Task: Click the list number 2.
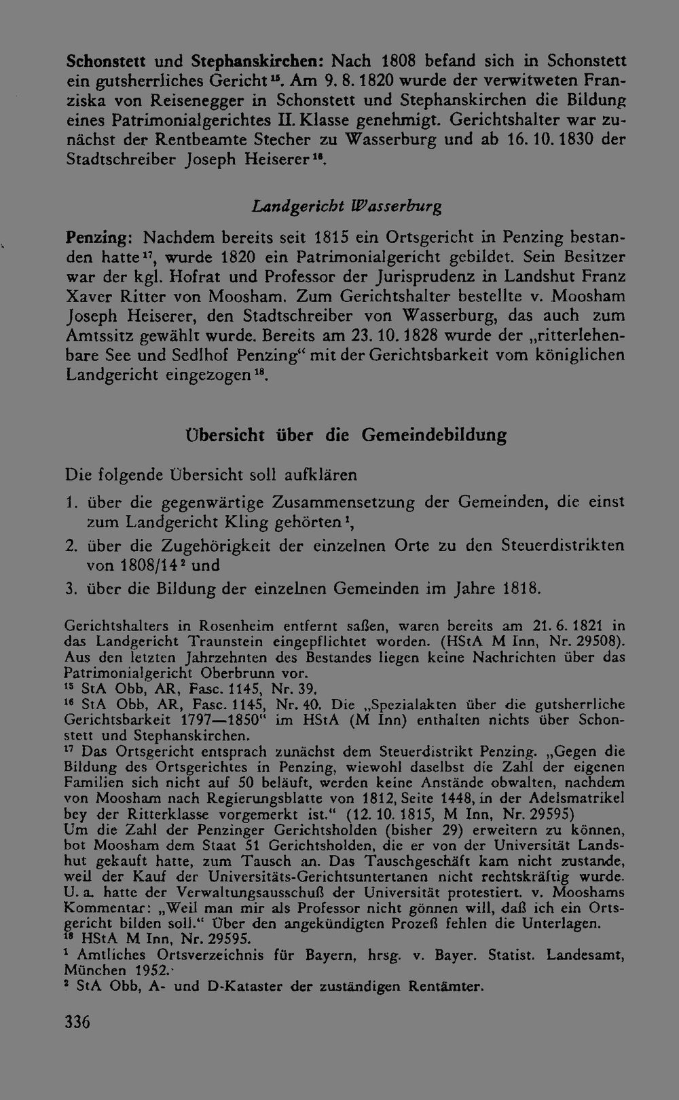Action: pyautogui.click(x=71, y=546)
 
